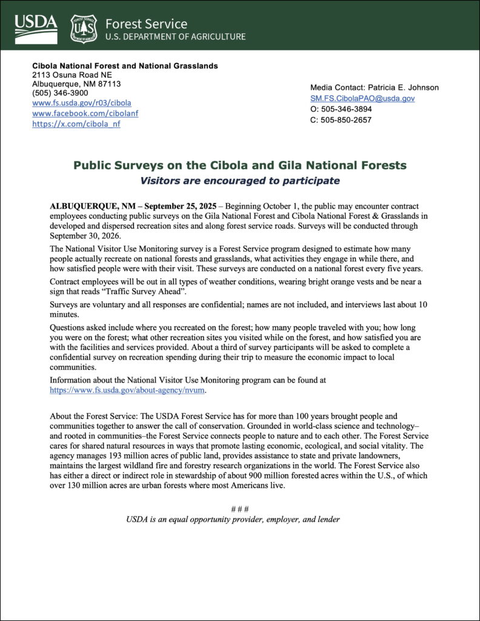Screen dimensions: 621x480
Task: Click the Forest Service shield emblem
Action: click(83, 28)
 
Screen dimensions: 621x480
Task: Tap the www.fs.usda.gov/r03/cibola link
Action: click(81, 103)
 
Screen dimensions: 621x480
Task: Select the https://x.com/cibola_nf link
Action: click(76, 124)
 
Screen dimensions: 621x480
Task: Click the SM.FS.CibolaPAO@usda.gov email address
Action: click(362, 98)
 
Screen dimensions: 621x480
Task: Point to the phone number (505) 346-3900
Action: click(60, 93)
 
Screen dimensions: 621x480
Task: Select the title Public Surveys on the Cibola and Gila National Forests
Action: click(240, 165)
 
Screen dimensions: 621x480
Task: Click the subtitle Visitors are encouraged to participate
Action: click(240, 180)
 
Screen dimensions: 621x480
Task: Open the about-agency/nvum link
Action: click(127, 391)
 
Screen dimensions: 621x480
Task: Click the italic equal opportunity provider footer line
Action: click(233, 520)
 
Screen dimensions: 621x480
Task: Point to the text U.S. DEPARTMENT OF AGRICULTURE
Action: click(175, 36)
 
